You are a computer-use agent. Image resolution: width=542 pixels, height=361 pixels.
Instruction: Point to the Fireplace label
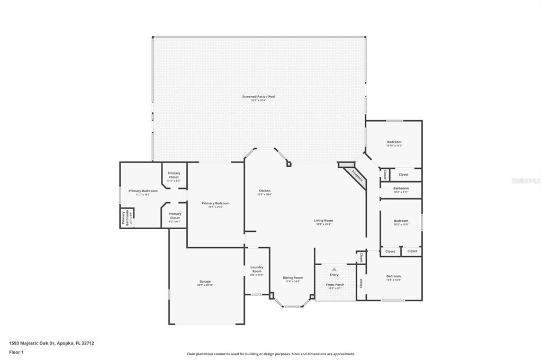click(357, 176)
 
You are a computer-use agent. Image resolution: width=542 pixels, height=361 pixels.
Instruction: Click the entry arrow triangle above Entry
click(334, 269)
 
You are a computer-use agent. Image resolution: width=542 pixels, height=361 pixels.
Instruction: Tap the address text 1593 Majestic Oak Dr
click(51, 343)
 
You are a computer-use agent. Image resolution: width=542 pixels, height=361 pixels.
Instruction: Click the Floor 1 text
click(16, 352)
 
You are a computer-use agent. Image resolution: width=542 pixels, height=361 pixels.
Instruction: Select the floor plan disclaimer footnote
click(271, 354)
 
